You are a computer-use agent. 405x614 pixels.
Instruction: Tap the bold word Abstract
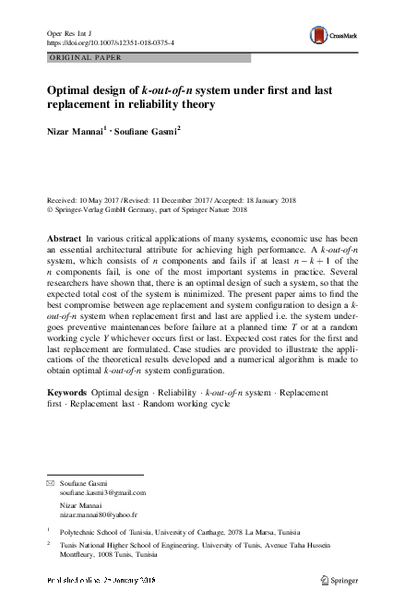pyautogui.click(x=64, y=238)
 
